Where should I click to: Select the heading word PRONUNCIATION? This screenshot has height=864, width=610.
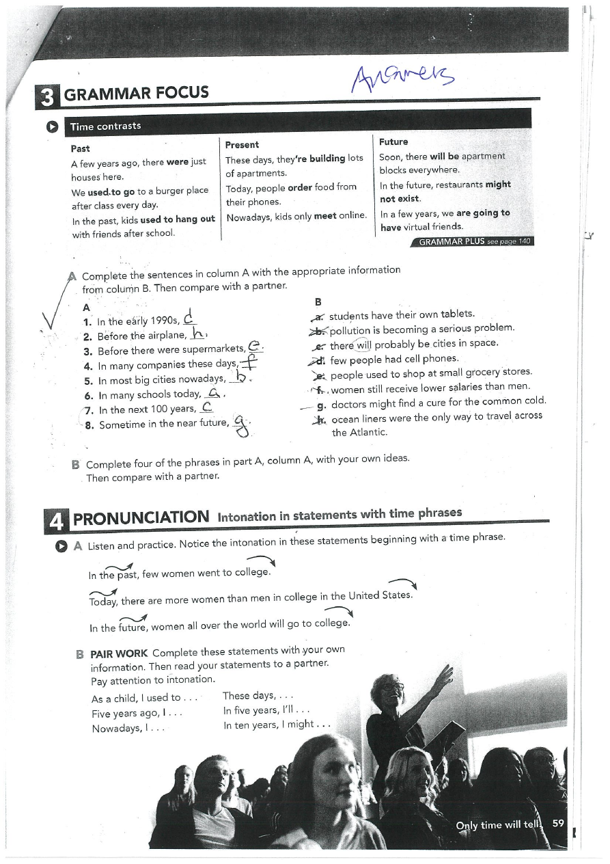pyautogui.click(x=141, y=517)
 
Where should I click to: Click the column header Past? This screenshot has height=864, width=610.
pyautogui.click(x=81, y=148)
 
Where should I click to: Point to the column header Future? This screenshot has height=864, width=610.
pyautogui.click(x=393, y=142)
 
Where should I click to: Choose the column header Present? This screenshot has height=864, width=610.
pyautogui.click(x=242, y=145)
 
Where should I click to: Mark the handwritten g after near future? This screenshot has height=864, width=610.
pyautogui.click(x=239, y=425)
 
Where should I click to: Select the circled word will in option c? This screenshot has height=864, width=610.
pyautogui.click(x=362, y=344)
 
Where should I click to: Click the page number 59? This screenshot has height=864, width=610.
pyautogui.click(x=558, y=823)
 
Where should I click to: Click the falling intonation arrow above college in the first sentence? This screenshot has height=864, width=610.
pyautogui.click(x=263, y=562)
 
